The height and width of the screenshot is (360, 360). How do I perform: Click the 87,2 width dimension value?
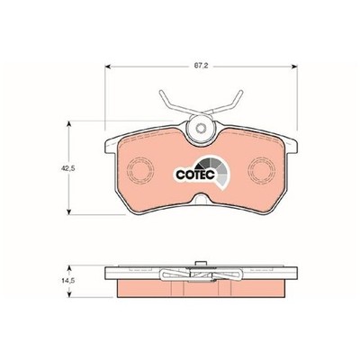tap(202, 67)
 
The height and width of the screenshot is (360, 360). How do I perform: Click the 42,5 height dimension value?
tap(67, 168)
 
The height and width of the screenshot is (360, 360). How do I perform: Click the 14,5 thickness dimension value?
tap(67, 281)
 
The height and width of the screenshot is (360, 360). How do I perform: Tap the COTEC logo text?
tap(195, 175)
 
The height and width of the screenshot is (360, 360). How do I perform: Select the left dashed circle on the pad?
tap(140, 169)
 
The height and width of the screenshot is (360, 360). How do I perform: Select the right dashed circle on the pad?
tap(262, 169)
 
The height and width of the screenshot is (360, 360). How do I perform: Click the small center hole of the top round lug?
tap(201, 129)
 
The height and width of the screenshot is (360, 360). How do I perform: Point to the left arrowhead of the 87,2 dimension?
tap(108, 67)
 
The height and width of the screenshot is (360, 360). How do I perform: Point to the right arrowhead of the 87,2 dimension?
tap(294, 67)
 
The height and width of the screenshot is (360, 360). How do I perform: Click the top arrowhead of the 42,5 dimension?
tap(69, 124)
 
